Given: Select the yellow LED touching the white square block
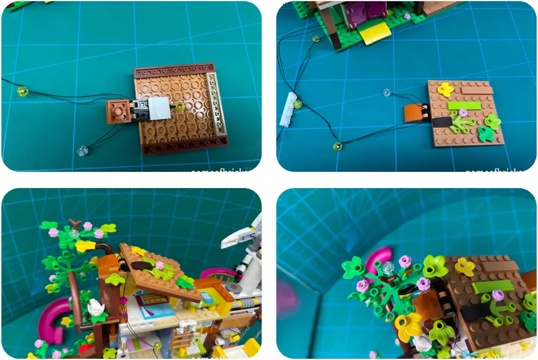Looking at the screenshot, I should coord(179,107).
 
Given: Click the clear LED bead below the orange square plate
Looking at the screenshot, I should coord(82,151).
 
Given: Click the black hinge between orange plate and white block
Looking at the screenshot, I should coord(139,110).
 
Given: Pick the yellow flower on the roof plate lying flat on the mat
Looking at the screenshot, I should coord(445,89).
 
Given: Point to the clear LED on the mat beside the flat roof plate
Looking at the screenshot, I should coord(387,93).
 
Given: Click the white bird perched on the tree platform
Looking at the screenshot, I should coord(96,306).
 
